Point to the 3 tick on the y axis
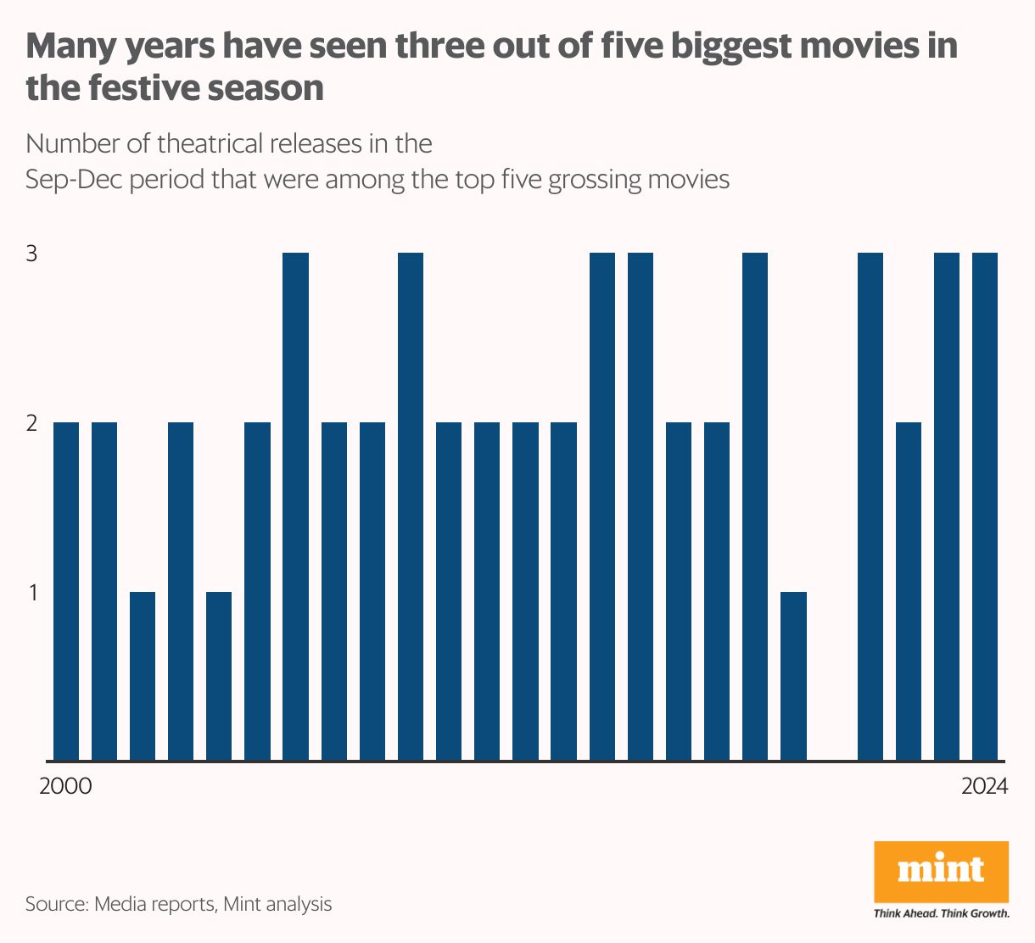coord(31,254)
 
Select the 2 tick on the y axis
coord(31,423)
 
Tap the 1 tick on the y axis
coord(31,592)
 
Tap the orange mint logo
coord(941,871)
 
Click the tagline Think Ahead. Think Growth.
coord(941,913)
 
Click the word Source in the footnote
coord(56,904)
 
